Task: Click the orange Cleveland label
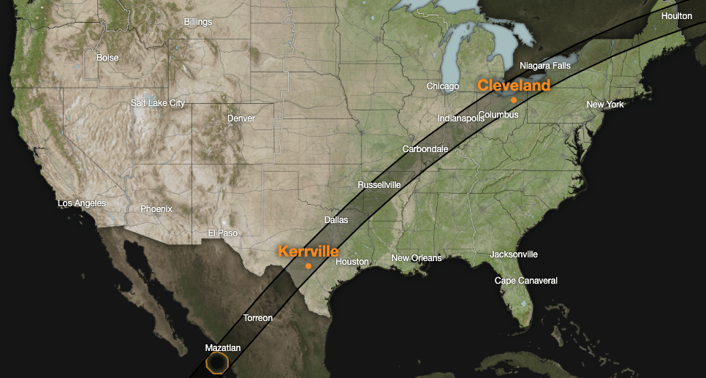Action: click(x=513, y=86)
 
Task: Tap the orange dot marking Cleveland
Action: click(x=514, y=99)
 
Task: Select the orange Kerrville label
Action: click(x=308, y=251)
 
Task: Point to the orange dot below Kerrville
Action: click(x=308, y=265)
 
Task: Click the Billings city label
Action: click(x=198, y=22)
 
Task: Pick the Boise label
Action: click(x=107, y=57)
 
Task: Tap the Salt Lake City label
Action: click(x=158, y=103)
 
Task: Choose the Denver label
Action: click(x=241, y=118)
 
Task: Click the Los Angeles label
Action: click(x=82, y=203)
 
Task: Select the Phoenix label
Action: click(x=156, y=209)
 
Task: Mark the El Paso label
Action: click(x=223, y=233)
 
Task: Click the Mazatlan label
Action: click(x=223, y=348)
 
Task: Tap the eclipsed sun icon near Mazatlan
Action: click(x=218, y=362)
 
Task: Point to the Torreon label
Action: click(x=258, y=318)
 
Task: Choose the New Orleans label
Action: click(x=417, y=258)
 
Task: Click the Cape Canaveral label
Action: click(x=526, y=281)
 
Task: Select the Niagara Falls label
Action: click(x=545, y=66)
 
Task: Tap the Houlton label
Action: click(x=677, y=16)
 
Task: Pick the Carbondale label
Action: click(x=425, y=149)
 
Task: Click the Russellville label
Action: click(x=379, y=185)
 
